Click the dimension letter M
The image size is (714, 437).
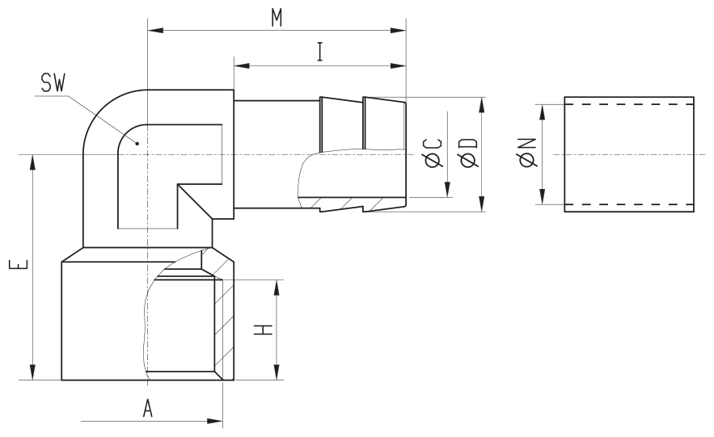tap(277, 18)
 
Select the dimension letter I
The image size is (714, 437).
tap(320, 52)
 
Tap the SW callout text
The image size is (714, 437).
tap(53, 82)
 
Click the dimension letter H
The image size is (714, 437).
tap(264, 330)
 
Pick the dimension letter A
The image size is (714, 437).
tap(147, 409)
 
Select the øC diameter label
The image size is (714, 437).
tap(433, 153)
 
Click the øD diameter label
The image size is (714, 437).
tap(469, 153)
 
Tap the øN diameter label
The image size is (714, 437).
tap(527, 153)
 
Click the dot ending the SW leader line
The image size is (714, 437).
tap(137, 144)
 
